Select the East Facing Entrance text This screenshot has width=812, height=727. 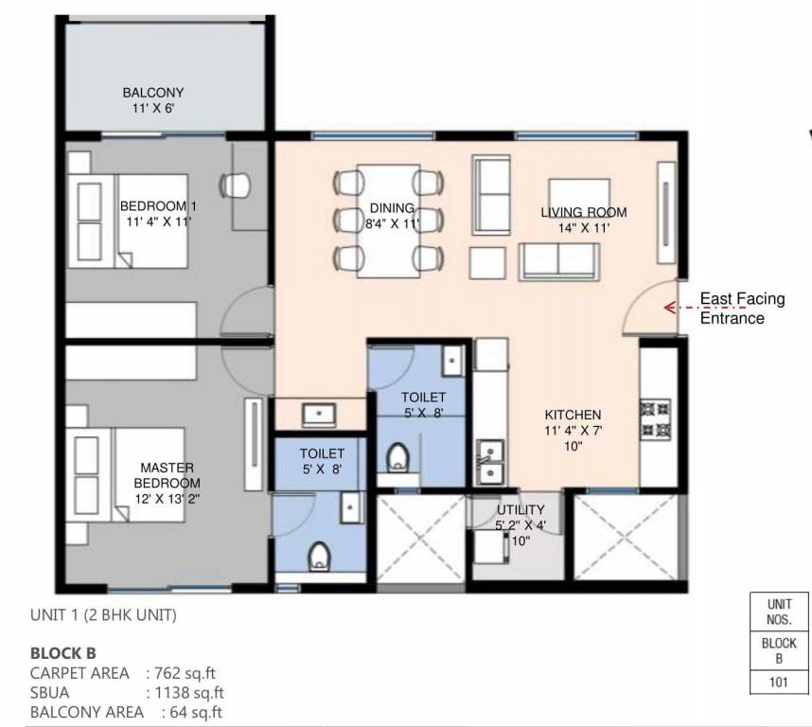742,309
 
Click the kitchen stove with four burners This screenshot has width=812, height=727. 653,419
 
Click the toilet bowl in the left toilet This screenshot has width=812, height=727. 319,558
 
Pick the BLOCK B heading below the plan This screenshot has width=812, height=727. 63,653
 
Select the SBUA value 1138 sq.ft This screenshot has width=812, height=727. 185,692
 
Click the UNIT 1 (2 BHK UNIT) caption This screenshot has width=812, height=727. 103,614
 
